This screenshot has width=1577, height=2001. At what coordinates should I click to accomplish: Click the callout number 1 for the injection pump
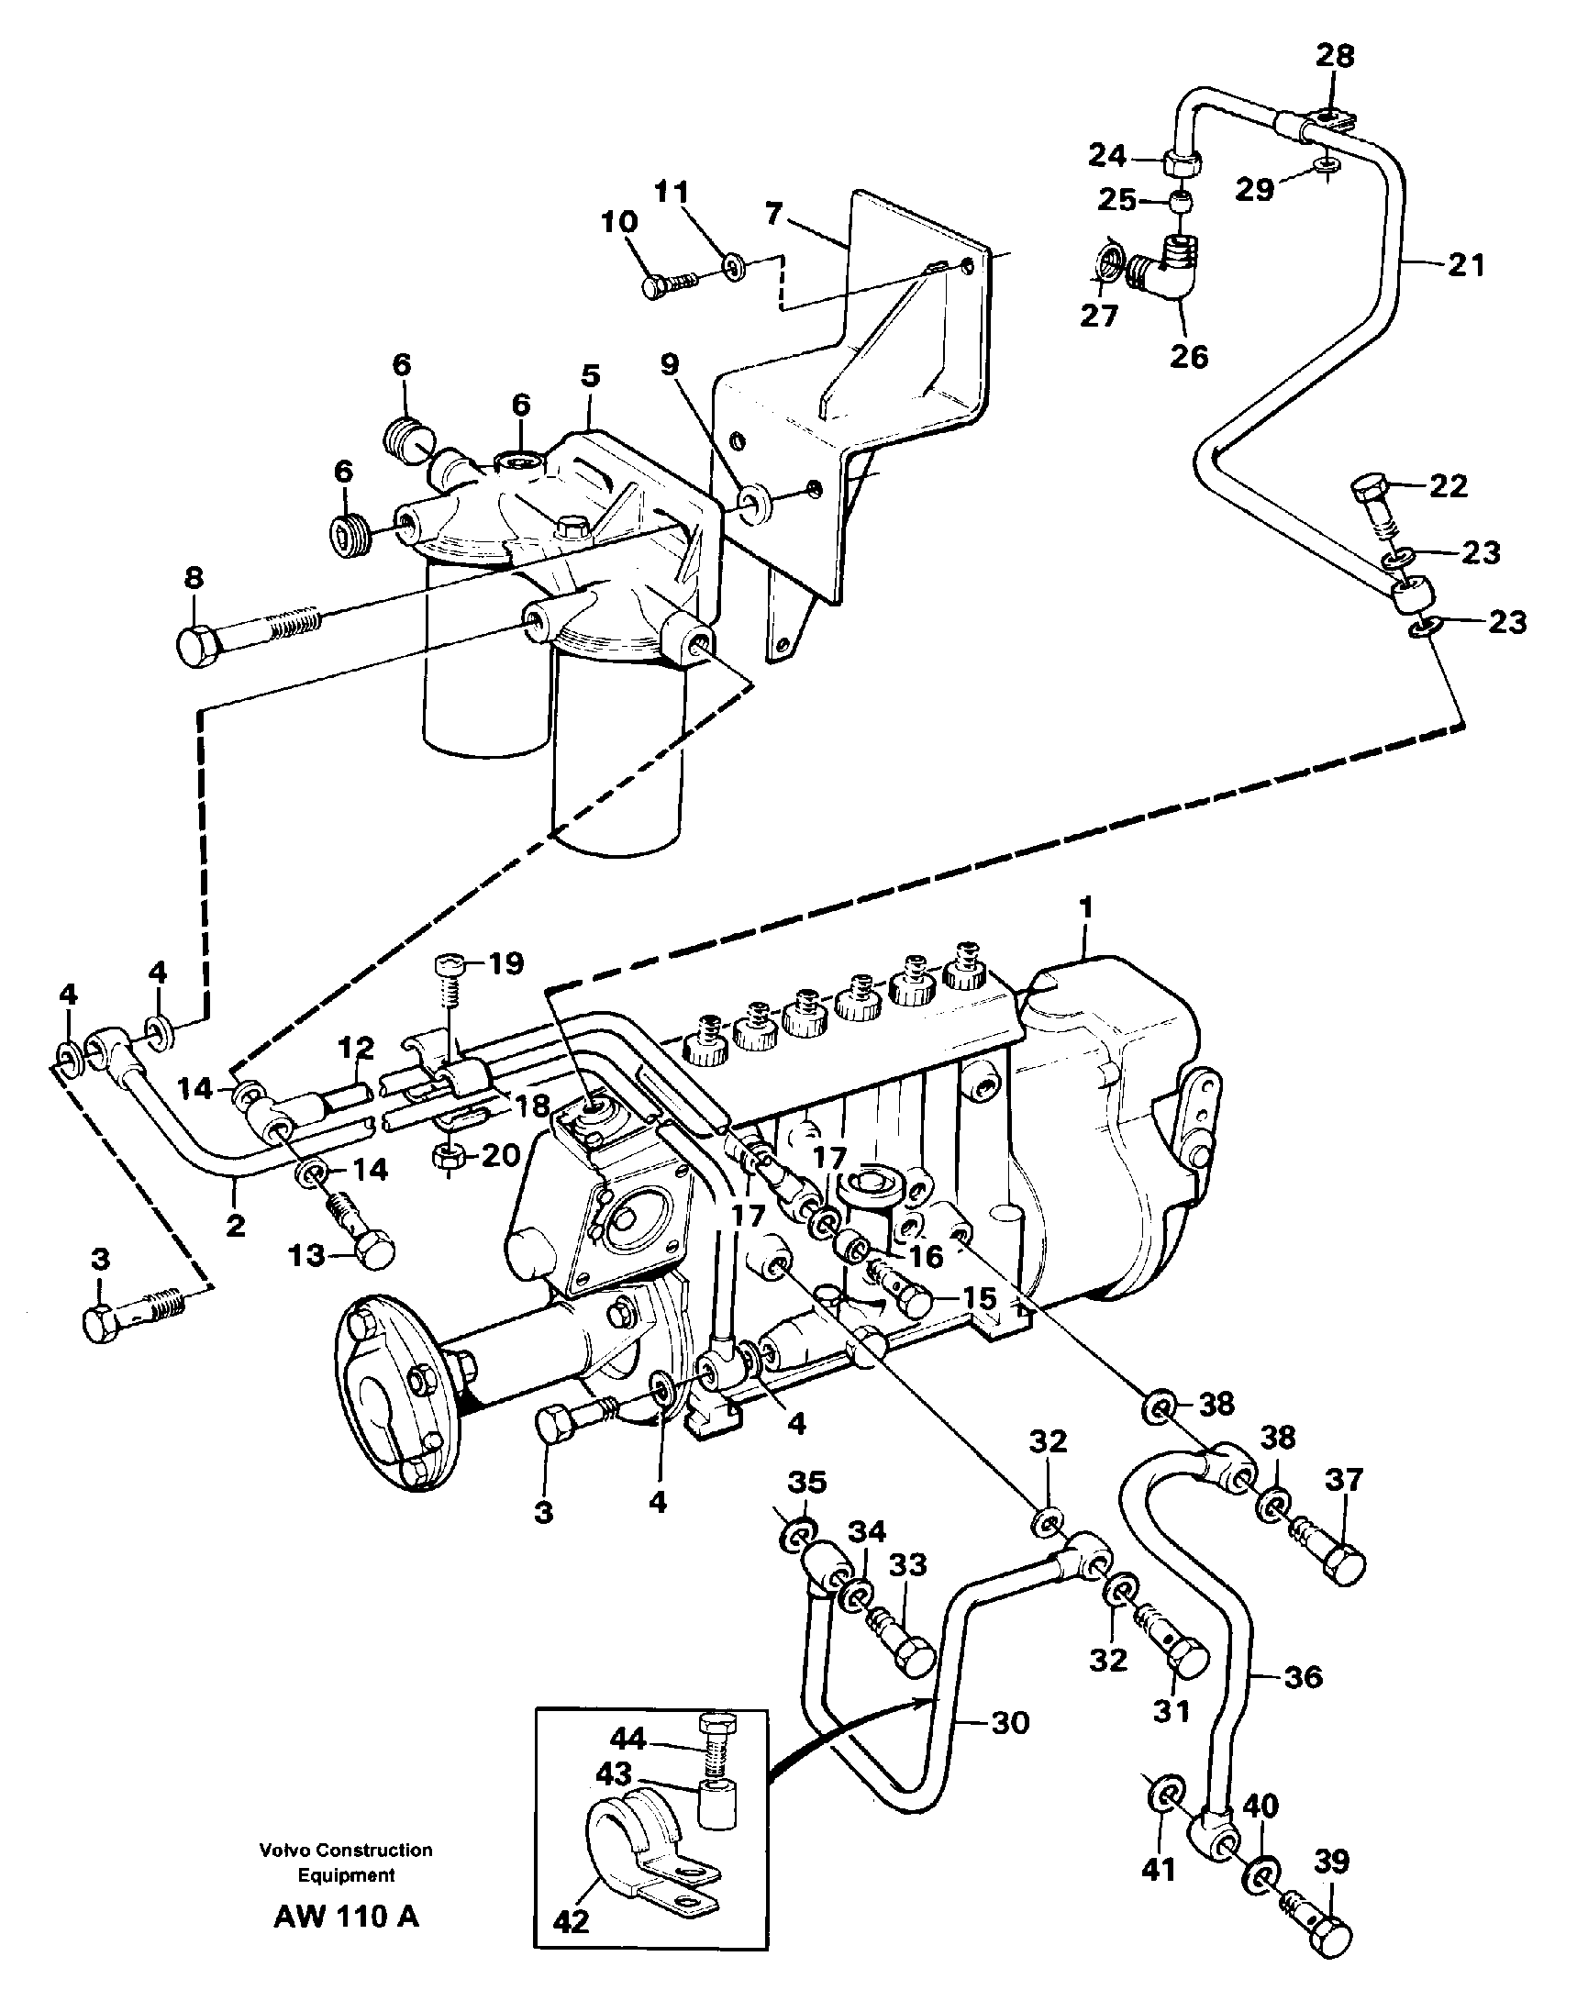[1086, 907]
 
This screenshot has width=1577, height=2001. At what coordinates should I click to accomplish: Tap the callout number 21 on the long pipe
[1465, 265]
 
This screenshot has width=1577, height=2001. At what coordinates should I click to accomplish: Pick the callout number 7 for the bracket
[773, 214]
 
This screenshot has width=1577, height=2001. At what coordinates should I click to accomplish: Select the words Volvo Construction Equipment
[346, 1862]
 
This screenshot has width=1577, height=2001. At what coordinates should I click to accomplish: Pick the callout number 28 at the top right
[1334, 55]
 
